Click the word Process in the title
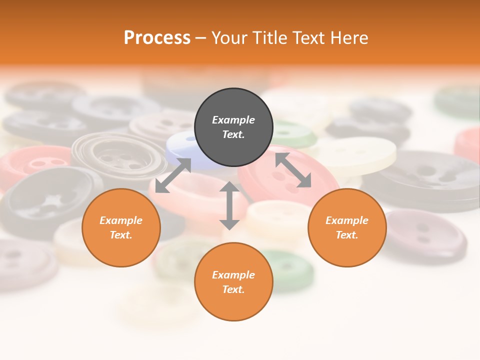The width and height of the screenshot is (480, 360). point(157,38)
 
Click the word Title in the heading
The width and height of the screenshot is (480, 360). point(268,38)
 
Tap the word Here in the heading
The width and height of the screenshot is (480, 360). point(349,38)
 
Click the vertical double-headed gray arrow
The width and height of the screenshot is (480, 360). point(229,205)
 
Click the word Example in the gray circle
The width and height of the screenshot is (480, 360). point(233,120)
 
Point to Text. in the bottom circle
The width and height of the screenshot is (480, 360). point(233,289)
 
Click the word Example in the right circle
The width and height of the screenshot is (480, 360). point(347,220)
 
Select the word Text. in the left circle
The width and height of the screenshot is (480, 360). point(121,235)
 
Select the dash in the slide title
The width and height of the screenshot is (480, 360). point(201,38)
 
